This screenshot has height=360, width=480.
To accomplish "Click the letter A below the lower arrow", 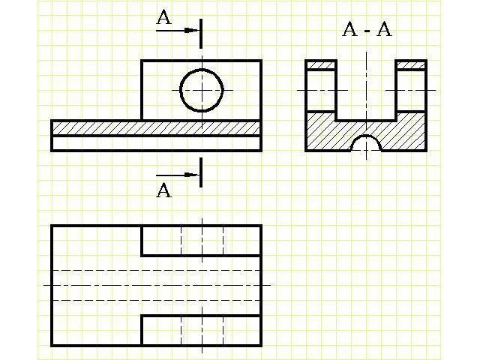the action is click(163, 190).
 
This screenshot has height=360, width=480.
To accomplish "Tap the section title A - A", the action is click(367, 30).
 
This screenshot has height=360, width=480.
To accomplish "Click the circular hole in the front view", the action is click(202, 90).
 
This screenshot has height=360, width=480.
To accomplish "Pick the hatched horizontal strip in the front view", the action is click(156, 127).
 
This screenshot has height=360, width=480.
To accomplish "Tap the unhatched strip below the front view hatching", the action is click(156, 143).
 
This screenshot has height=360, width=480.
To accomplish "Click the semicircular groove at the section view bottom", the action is click(366, 143).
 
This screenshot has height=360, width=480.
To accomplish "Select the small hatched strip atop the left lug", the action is click(321, 65).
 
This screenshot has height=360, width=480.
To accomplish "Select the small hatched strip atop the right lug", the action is click(411, 65).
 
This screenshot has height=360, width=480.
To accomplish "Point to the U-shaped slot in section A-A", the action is click(366, 90).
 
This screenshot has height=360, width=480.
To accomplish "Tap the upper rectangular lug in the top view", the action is click(201, 240).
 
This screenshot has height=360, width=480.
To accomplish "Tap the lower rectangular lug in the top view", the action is click(201, 330).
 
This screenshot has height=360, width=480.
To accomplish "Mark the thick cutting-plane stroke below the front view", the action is click(202, 172).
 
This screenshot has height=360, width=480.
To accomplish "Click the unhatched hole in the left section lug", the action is click(321, 91).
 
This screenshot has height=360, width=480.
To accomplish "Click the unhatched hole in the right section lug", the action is click(411, 91).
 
